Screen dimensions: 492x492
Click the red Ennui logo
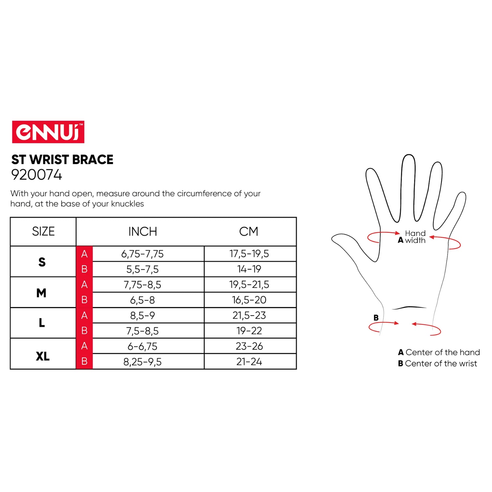pos(48,132)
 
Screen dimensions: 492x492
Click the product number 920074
pos(36,175)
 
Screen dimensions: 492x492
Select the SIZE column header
pos(43,232)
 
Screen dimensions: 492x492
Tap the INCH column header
pos(143,232)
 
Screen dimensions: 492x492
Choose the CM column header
pos(249,232)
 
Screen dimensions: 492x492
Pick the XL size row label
pos(43,356)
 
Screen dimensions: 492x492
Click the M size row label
pos(41,293)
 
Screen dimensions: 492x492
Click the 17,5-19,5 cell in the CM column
pos(249,254)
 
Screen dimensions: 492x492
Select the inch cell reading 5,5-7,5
pos(142,269)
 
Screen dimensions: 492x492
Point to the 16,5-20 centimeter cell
pos(249,300)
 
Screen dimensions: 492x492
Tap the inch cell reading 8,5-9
pos(142,316)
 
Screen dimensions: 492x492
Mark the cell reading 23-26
pos(249,346)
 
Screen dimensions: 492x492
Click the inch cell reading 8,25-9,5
pos(142,362)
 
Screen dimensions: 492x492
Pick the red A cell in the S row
pos(84,254)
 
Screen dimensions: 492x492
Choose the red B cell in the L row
pos(84,331)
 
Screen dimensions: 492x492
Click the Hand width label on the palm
pos(415,237)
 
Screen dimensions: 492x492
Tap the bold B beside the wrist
pos(376,318)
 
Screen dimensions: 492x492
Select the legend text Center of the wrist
pos(441,363)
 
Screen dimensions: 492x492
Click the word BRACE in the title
pos(92,160)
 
